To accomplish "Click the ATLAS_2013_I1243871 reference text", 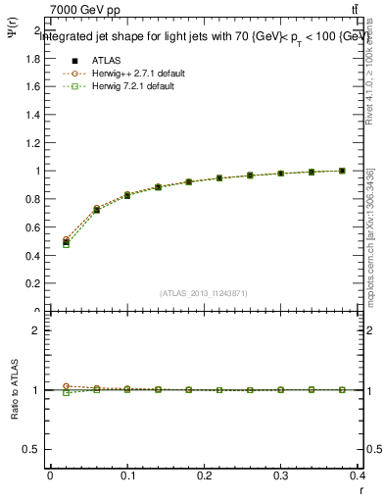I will point(204,293).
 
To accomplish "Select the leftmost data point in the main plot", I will point(66,242).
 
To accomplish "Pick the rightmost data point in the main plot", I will point(342,171).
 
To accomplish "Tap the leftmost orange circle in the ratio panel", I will point(66,386).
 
